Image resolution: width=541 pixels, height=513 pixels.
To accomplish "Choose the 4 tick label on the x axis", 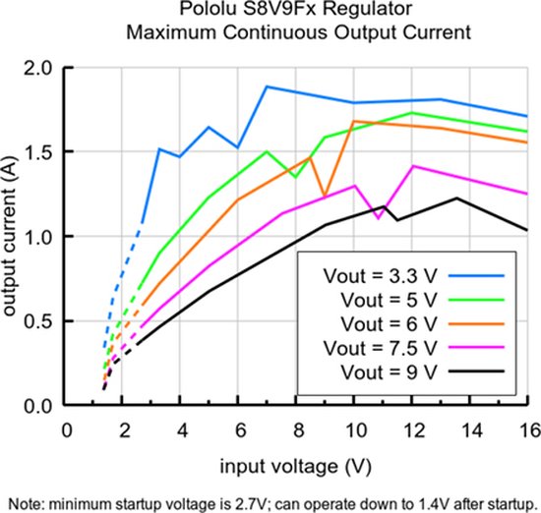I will (x=181, y=429).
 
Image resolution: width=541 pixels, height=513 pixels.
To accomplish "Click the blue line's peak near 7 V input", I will (x=267, y=86).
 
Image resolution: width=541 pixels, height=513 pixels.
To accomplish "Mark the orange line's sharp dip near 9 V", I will (x=324, y=196).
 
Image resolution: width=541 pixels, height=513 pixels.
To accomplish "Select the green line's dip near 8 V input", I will (x=295, y=177).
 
